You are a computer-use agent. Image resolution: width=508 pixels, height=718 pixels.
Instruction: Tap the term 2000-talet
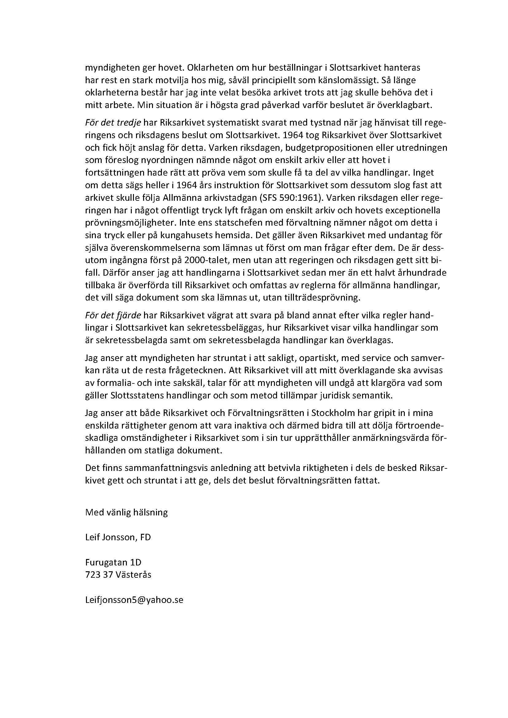[201, 260]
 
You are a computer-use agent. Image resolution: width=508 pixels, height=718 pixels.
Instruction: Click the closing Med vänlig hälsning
[126, 513]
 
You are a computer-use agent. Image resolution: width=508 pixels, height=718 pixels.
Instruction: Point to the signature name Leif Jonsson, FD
[118, 538]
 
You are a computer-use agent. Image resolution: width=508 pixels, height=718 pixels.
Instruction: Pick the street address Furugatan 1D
[113, 563]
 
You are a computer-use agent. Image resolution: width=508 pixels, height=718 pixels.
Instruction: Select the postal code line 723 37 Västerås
[118, 575]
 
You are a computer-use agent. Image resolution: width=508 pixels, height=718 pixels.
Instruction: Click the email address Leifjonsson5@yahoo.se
[134, 600]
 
